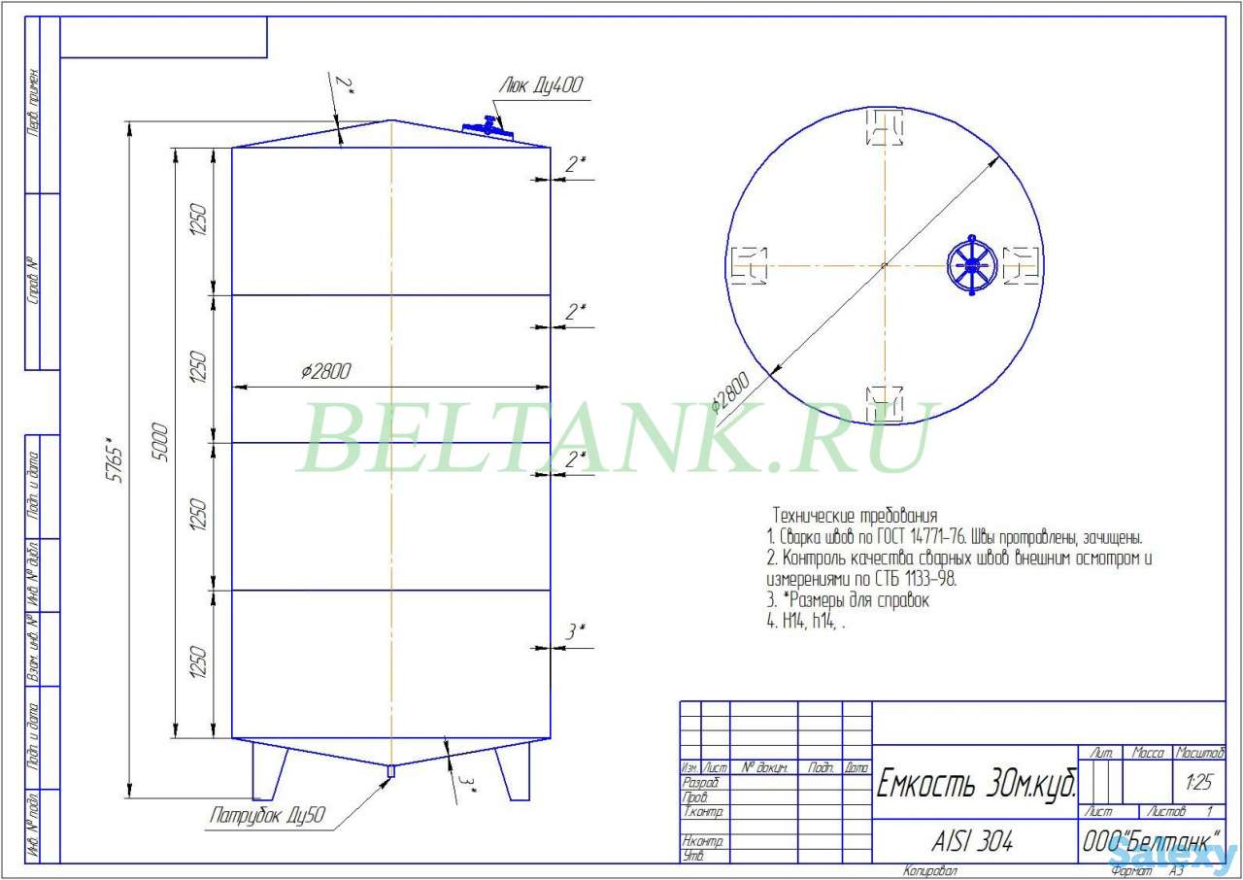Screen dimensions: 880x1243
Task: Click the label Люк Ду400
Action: point(541,85)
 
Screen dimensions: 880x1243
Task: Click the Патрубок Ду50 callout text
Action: point(267,817)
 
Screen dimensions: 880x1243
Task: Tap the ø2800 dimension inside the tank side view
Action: point(326,372)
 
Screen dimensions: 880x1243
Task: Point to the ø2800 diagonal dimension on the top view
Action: point(731,392)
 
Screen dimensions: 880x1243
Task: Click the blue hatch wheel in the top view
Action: point(970,265)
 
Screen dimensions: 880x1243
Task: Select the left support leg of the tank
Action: point(269,770)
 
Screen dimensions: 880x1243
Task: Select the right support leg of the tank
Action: point(514,771)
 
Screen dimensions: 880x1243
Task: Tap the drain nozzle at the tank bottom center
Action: point(390,771)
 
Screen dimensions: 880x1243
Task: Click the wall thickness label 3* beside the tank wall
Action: point(575,631)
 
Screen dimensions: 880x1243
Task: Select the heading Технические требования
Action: point(855,515)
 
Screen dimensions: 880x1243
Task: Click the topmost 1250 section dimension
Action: point(197,221)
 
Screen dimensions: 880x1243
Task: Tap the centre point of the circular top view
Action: point(885,265)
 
